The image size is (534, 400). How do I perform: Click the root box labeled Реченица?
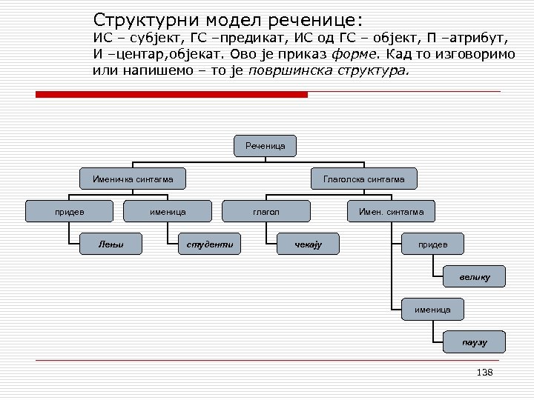pos(266,147)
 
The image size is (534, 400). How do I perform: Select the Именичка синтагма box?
pos(133,179)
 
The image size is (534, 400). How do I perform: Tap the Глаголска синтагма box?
pos(363,179)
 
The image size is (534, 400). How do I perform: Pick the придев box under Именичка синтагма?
pos(70,212)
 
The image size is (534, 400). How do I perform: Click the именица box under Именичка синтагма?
pos(168,212)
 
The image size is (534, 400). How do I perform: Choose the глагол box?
pos(266,212)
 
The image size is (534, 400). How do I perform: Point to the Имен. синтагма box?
pos(391,212)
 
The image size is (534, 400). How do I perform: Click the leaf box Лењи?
pos(111,243)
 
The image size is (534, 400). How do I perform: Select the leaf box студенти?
pos(210,243)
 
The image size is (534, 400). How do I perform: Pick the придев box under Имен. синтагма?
pos(433,243)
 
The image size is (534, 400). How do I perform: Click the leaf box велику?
pos(475,276)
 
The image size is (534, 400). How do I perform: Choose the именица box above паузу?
pos(433,309)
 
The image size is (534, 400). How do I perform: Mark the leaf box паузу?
pos(475,341)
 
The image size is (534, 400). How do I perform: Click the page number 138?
pos(485,373)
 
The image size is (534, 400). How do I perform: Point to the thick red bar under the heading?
pos(171,94)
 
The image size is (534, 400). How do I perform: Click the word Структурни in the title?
pos(141,19)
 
